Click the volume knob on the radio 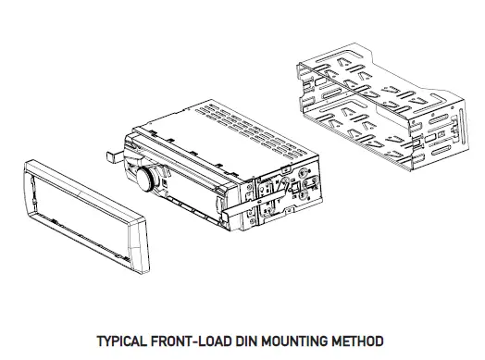tap(146, 180)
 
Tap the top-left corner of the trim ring tap(22, 166)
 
